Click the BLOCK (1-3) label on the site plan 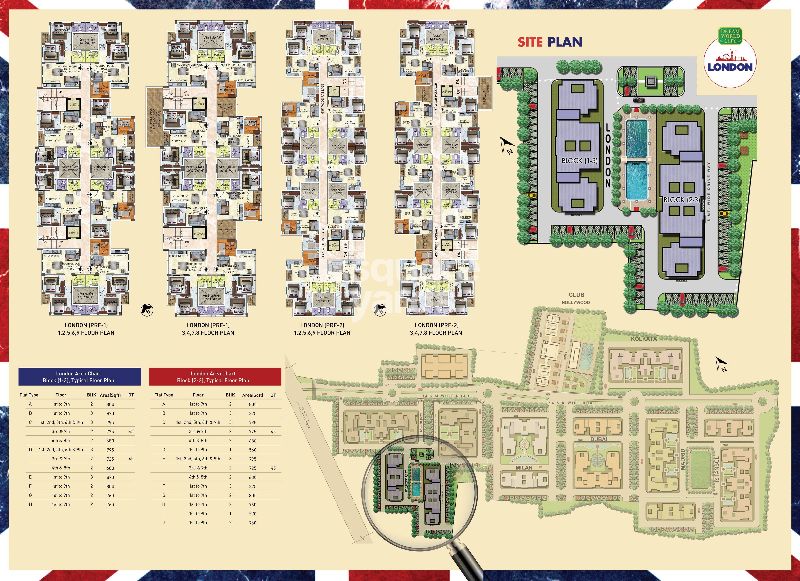tap(580, 161)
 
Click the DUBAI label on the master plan tap(599, 439)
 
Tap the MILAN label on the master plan tap(524, 468)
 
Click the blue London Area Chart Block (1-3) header tap(80, 377)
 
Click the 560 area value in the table tap(253, 450)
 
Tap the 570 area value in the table tap(253, 514)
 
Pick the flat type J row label tap(164, 522)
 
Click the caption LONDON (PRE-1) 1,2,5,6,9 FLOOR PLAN tap(86, 329)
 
